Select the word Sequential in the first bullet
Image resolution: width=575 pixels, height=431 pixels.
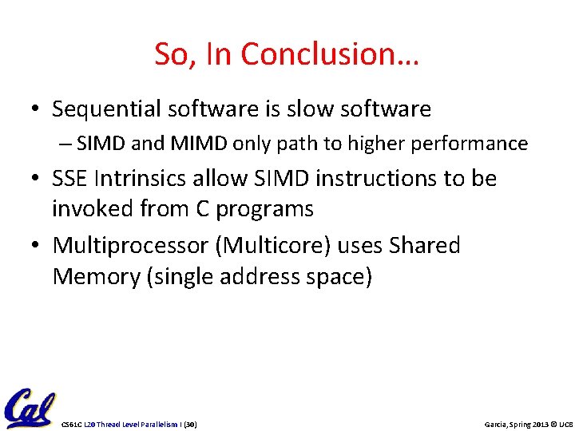point(105,109)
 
